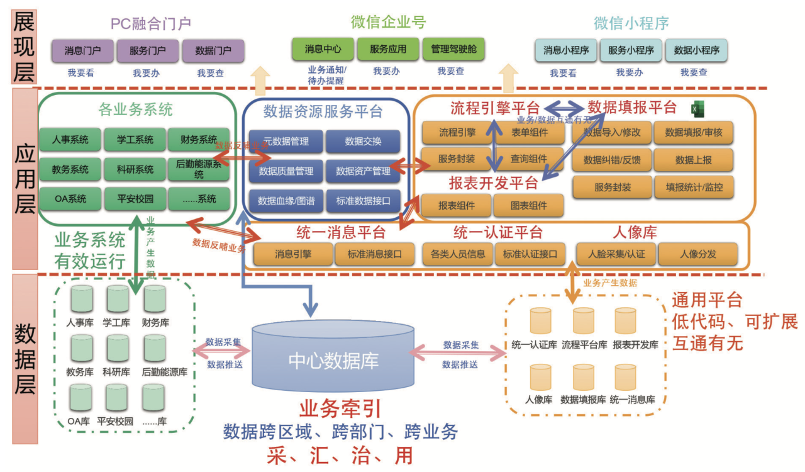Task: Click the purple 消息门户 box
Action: (x=82, y=50)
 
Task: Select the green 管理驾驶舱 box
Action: (x=453, y=49)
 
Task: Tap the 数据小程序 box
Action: (x=696, y=50)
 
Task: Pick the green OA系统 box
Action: (x=70, y=199)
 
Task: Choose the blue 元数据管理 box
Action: (x=286, y=142)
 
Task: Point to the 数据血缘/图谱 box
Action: (x=286, y=201)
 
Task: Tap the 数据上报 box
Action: (x=693, y=160)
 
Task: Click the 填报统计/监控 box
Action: (x=693, y=187)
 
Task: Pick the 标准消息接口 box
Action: (x=375, y=254)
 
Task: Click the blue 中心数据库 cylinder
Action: (x=333, y=359)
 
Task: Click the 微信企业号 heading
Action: (x=388, y=23)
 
